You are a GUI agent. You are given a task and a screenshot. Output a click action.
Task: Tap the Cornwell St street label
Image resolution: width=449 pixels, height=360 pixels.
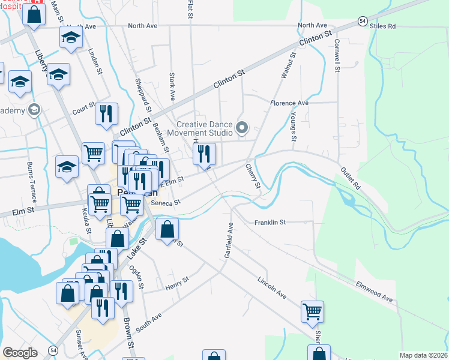[x=337, y=56]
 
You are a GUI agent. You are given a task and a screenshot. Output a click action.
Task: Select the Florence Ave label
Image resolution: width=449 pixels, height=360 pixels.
[x=289, y=103]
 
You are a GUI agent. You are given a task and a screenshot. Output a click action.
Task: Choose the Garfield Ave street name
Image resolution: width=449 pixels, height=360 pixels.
[x=229, y=241]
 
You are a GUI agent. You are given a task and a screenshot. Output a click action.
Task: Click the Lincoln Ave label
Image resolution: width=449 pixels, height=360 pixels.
[x=272, y=289]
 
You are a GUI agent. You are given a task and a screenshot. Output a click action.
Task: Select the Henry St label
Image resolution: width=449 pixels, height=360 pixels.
[x=177, y=282]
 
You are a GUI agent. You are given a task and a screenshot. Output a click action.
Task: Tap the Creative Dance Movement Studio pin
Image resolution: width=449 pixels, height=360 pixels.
[x=243, y=127]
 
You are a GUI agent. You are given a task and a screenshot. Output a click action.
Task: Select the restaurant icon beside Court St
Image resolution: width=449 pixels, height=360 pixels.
[x=106, y=113]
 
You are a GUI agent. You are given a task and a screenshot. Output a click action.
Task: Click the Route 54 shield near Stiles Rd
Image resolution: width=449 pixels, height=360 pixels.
[x=362, y=20]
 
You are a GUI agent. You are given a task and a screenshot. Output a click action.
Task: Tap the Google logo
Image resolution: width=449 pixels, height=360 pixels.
[x=20, y=353]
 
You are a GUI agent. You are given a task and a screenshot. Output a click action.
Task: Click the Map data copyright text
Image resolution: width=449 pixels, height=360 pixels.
[x=423, y=355]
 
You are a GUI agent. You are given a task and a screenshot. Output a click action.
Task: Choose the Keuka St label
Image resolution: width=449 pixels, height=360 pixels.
[x=86, y=220]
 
